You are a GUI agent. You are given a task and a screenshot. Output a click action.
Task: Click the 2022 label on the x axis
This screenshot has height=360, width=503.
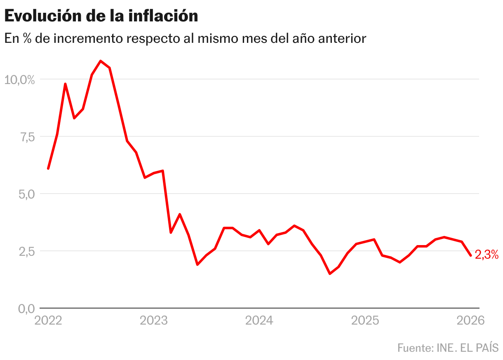click(48, 320)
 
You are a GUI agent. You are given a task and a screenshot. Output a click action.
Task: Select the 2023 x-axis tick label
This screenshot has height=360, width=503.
click(154, 320)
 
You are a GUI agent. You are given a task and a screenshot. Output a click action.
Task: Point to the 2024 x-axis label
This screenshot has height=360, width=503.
click(259, 320)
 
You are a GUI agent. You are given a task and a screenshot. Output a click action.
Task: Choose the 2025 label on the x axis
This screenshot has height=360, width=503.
click(365, 320)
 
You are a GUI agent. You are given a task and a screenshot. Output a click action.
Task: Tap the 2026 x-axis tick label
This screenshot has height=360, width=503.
click(470, 320)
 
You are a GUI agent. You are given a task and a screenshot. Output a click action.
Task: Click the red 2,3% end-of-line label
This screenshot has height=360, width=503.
click(487, 255)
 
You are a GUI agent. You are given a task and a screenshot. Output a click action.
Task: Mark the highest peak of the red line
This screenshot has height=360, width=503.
click(101, 61)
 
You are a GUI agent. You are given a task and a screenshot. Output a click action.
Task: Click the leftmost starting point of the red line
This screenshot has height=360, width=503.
click(48, 168)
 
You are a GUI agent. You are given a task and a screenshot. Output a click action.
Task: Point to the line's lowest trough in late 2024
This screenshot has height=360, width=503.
click(330, 274)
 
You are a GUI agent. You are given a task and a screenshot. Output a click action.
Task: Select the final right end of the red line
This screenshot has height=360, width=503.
click(470, 255)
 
